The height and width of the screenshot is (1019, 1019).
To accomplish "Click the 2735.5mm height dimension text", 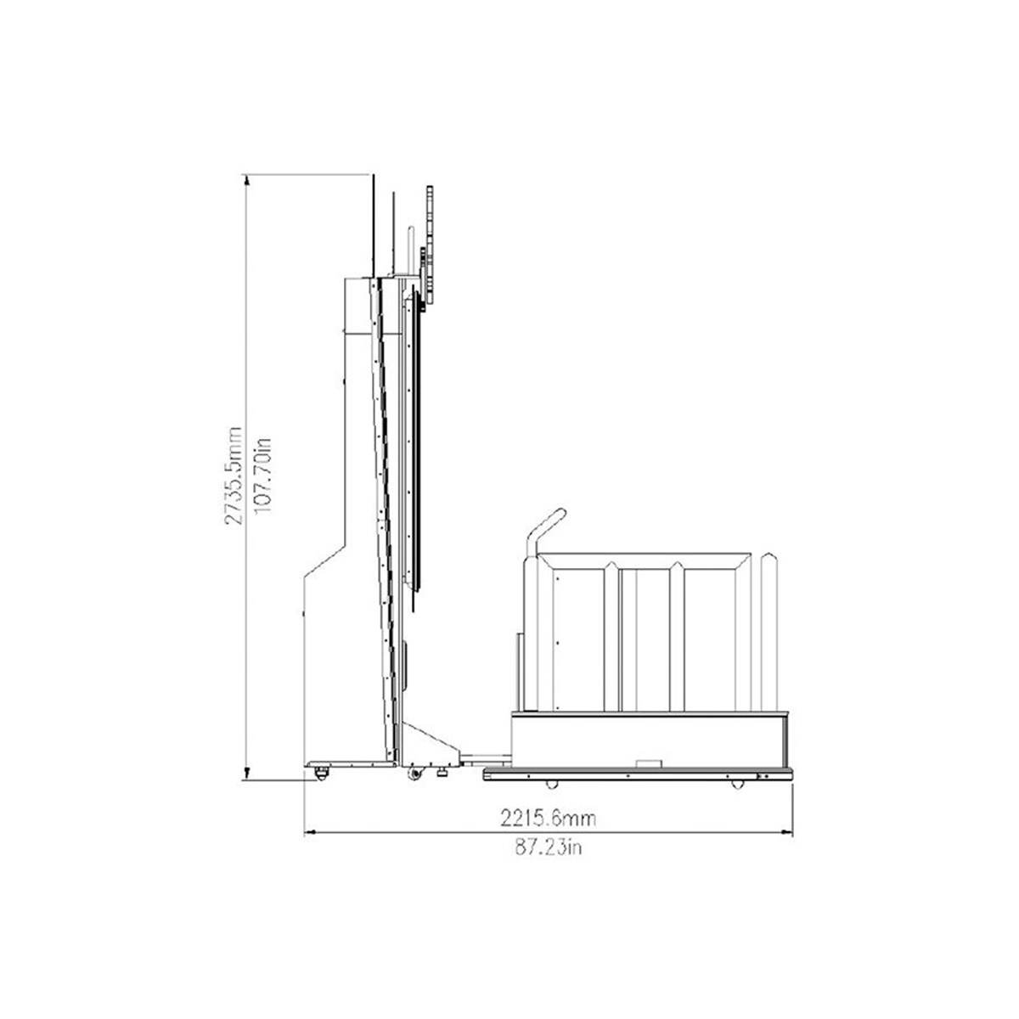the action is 234,475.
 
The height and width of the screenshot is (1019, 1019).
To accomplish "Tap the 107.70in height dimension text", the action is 262,475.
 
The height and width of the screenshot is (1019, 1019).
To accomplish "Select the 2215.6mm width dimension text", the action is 549,819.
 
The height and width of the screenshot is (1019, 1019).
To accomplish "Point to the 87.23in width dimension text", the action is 549,847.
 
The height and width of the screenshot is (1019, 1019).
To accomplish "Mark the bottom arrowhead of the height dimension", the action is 246,774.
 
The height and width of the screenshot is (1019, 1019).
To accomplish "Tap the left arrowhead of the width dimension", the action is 310,832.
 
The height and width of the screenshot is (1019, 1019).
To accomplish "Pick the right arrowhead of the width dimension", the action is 787,832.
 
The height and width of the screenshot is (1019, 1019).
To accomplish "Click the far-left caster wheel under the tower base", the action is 321,773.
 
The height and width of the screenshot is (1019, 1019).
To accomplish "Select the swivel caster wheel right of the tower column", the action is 415,773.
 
